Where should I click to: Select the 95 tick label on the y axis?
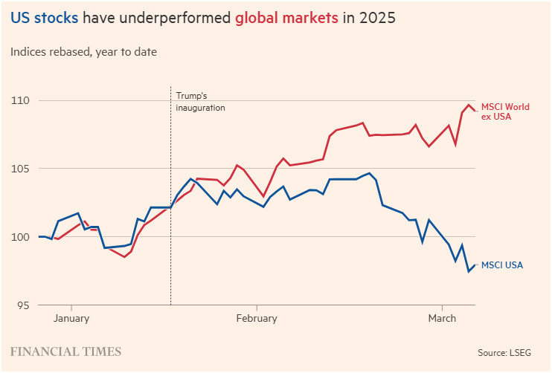coord(23,305)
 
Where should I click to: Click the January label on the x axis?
coord(71,319)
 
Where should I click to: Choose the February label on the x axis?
coord(256,319)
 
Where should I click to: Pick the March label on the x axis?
coord(443,319)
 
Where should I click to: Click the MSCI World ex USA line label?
coord(505,112)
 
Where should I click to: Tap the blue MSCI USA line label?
coord(502,265)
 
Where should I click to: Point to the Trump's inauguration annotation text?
coord(200,102)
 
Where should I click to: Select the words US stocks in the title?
coord(44,18)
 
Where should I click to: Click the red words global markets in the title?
coord(287,18)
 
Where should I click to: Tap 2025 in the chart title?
coord(377,18)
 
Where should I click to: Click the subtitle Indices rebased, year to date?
coord(83,52)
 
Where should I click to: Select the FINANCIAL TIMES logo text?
coord(66,351)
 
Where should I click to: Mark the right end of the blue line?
coord(475,265)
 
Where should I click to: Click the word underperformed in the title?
coord(173,18)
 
